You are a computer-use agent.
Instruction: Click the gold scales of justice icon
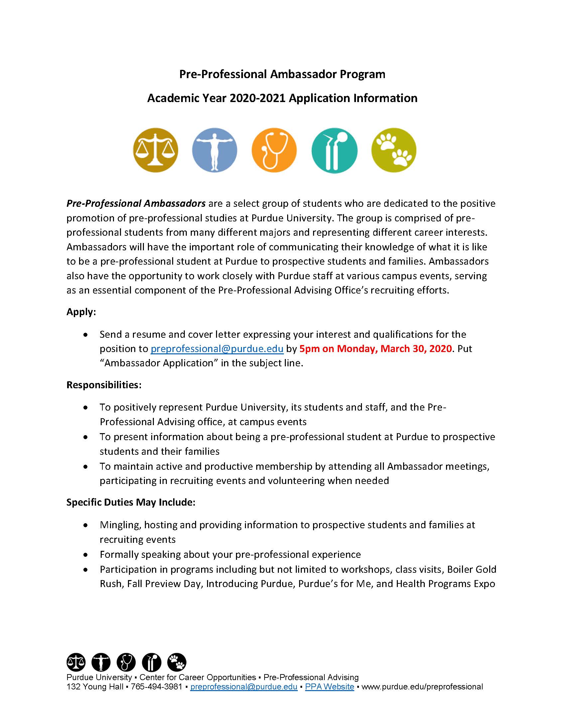click(x=156, y=150)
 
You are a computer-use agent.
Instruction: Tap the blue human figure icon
click(x=215, y=150)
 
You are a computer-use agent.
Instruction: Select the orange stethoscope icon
click(x=274, y=150)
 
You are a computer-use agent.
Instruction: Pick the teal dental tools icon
click(x=334, y=150)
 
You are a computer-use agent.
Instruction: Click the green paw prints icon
click(x=394, y=150)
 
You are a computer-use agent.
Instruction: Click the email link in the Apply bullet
click(x=217, y=349)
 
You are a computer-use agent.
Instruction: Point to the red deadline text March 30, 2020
click(x=416, y=349)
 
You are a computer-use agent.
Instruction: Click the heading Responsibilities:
click(x=104, y=385)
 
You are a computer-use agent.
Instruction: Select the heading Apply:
click(x=81, y=312)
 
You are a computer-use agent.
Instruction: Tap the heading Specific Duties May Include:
click(x=131, y=502)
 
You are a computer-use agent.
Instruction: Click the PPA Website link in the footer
click(x=329, y=687)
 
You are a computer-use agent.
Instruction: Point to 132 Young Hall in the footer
click(x=95, y=687)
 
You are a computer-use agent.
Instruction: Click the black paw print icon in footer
click(x=177, y=662)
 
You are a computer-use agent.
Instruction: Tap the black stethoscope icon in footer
click(x=126, y=662)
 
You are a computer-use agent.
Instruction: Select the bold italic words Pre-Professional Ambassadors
click(x=136, y=203)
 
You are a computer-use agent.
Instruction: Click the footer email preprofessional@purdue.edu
click(x=244, y=687)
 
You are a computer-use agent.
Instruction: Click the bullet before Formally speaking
click(x=86, y=555)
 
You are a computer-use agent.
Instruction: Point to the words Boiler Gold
click(x=472, y=569)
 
